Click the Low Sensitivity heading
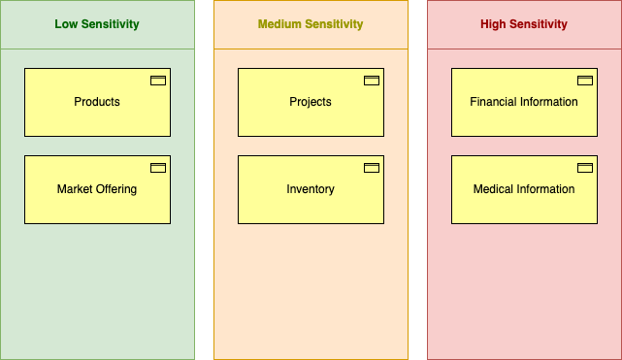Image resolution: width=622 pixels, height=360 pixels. point(97,24)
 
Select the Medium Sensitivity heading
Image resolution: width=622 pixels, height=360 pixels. point(311,24)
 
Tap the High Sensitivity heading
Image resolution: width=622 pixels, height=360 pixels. point(524,24)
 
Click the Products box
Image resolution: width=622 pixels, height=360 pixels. point(97,102)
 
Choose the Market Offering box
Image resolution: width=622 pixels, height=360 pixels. point(97,189)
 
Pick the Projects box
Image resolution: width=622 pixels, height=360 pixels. point(311,102)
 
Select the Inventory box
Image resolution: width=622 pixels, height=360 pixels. point(311,189)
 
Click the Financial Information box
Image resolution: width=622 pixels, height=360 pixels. point(524,102)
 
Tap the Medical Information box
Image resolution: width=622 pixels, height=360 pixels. point(524,189)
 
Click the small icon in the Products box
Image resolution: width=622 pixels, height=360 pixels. point(158,81)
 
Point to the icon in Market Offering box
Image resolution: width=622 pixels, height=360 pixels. point(158,168)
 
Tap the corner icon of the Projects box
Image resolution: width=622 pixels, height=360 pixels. point(372,81)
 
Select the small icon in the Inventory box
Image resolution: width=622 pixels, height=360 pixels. point(372,168)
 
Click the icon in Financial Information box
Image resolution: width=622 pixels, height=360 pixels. point(585,81)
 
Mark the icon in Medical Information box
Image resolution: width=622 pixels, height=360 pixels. point(585,168)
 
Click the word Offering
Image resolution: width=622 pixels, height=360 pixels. point(115,189)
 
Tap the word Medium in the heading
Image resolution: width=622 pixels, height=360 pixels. point(278,24)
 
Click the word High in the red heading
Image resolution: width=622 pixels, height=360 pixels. point(493,24)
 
